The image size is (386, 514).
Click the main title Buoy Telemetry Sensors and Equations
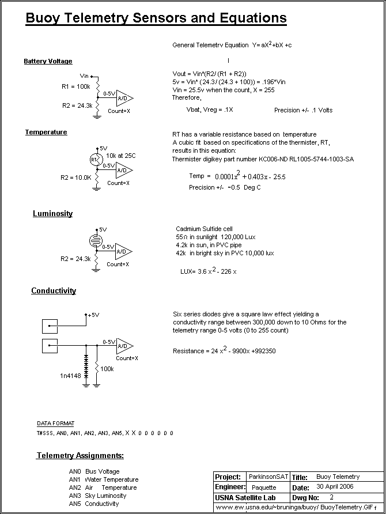pyautogui.click(x=156, y=18)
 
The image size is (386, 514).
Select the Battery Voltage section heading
pyautogui.click(x=48, y=62)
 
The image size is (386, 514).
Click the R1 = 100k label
pyautogui.click(x=75, y=86)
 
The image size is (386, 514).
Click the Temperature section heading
pyautogui.click(x=46, y=133)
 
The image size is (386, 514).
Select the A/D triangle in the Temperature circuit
pyautogui.click(x=123, y=170)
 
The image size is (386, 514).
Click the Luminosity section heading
pyautogui.click(x=52, y=214)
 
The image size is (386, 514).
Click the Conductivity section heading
pyautogui.click(x=54, y=291)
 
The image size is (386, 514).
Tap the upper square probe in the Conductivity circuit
pyautogui.click(x=50, y=326)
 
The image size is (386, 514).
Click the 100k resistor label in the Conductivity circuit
pyautogui.click(x=107, y=368)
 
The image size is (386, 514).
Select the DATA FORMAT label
pyautogui.click(x=55, y=424)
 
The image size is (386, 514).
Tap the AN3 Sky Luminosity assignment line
pyautogui.click(x=97, y=496)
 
